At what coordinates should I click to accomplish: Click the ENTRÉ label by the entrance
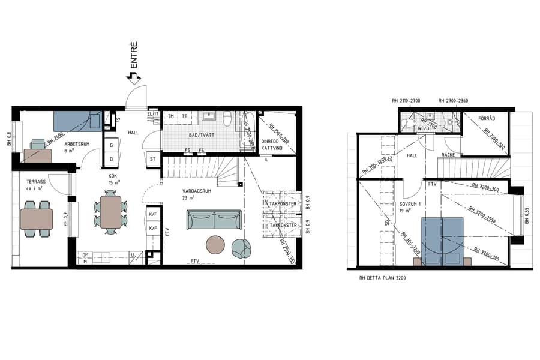134,54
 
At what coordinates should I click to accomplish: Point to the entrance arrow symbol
132,77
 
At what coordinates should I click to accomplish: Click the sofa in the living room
214,220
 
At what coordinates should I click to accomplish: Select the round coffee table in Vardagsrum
216,245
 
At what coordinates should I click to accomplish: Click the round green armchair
242,247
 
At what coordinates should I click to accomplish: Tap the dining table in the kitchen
111,212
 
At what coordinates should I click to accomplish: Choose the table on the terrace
36,219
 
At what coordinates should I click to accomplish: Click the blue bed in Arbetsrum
77,121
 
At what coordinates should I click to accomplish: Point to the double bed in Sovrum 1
443,240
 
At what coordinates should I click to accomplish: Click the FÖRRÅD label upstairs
487,119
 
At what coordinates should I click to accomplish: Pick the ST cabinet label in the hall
152,159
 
